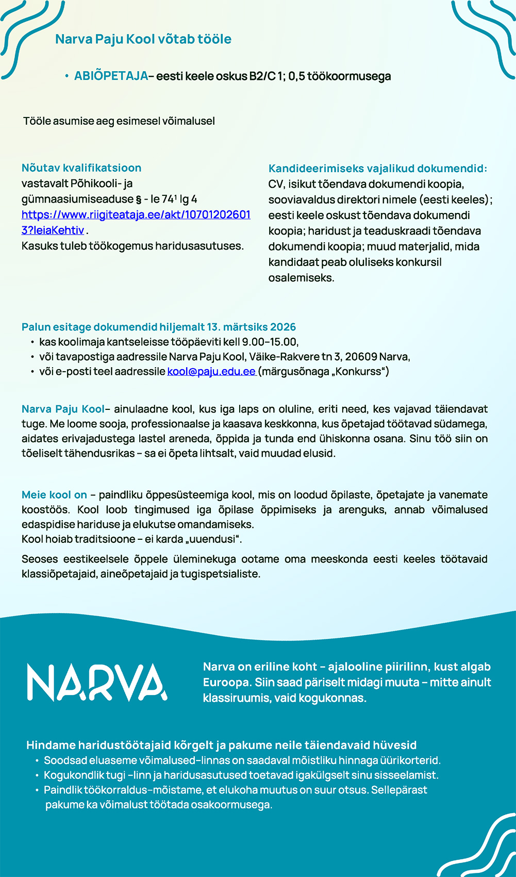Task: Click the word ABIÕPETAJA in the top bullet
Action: tap(111, 76)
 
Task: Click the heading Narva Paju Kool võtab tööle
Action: tap(143, 39)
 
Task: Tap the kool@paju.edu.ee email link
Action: tap(211, 372)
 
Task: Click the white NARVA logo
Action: tap(97, 683)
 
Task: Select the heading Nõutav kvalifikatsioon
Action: tap(81, 168)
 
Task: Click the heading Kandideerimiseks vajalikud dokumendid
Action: tap(377, 169)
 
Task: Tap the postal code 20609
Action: tap(361, 357)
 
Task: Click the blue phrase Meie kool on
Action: tap(54, 495)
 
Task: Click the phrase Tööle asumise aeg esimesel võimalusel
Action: tap(119, 121)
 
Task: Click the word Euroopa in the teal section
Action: tap(226, 683)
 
